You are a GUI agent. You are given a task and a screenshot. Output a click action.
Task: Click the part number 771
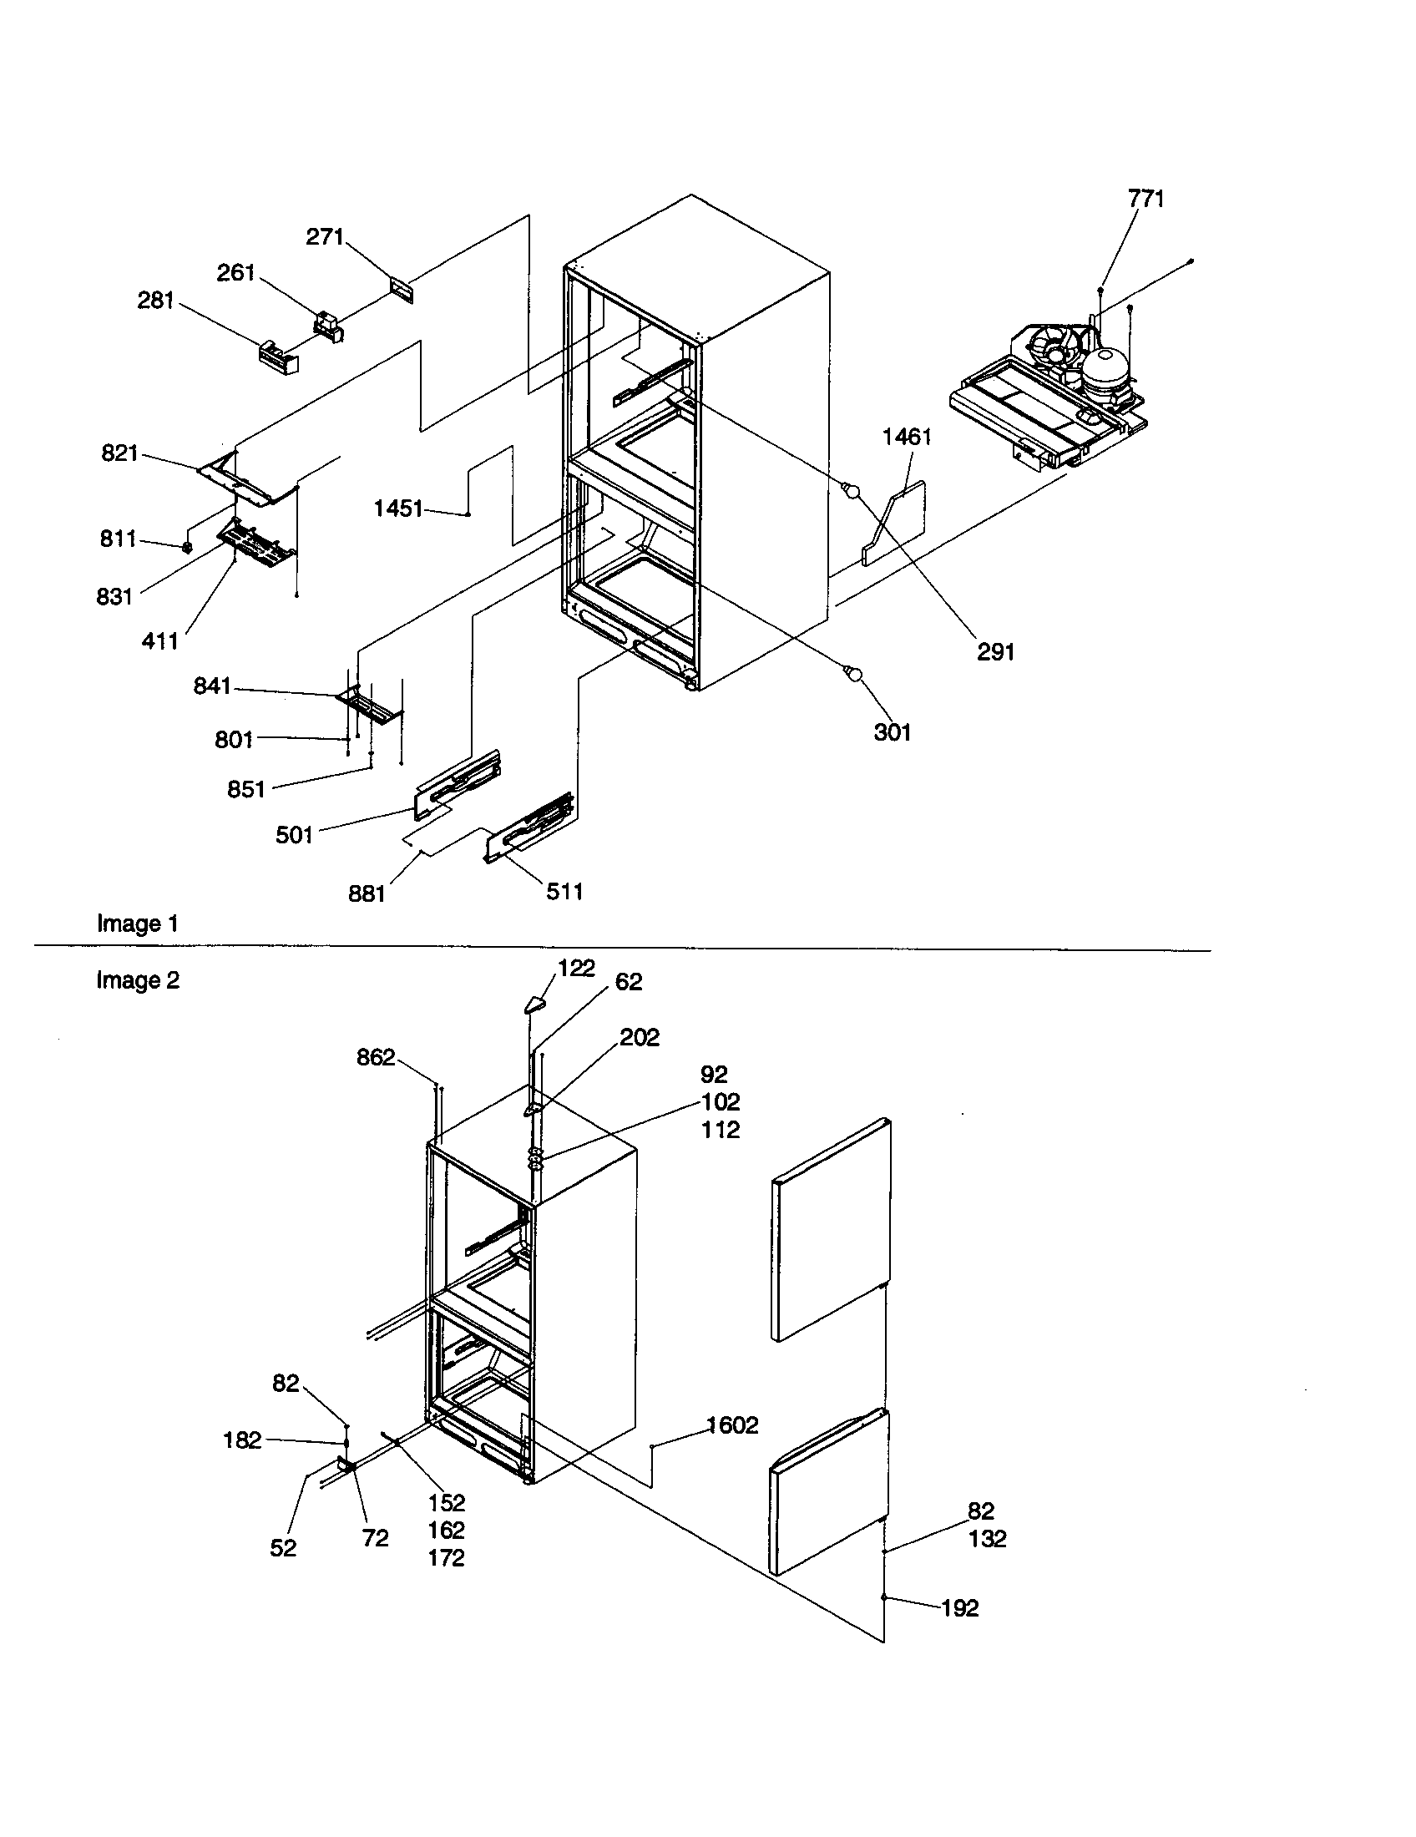(1145, 199)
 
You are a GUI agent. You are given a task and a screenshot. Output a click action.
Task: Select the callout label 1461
(907, 437)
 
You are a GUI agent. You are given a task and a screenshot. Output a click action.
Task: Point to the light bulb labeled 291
(852, 490)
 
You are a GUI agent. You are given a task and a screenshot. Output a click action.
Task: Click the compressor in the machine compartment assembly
(1103, 370)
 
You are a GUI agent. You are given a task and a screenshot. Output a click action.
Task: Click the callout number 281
(155, 301)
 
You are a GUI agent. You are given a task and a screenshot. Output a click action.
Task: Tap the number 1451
(397, 509)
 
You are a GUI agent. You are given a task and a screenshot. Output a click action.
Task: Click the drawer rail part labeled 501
(458, 784)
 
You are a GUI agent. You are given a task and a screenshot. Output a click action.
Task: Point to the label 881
(367, 893)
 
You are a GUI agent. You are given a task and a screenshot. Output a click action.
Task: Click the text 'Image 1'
(138, 924)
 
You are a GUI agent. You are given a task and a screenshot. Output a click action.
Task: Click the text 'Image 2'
(138, 981)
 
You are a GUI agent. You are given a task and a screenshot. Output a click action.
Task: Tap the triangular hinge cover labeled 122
(534, 1004)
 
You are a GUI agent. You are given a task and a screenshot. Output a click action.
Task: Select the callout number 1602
(732, 1425)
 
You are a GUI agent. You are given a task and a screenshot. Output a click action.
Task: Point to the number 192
(959, 1608)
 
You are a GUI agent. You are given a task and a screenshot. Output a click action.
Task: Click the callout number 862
(375, 1057)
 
